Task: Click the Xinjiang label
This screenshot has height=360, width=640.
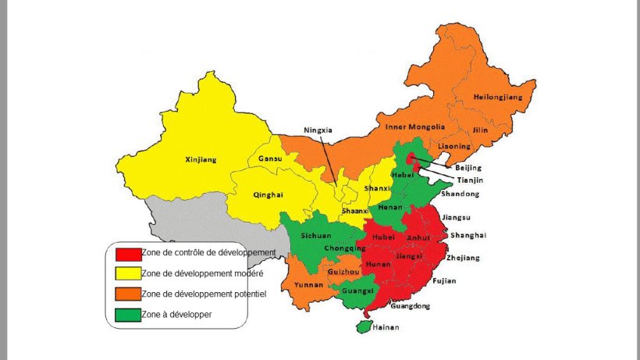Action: (201, 160)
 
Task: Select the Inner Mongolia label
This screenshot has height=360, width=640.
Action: (415, 127)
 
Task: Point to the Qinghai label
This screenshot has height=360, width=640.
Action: (268, 194)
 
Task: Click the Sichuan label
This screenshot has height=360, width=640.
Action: (316, 235)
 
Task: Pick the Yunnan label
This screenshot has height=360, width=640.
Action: (308, 286)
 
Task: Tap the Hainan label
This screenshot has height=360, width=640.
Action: (386, 327)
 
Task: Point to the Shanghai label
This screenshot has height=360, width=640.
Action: (468, 235)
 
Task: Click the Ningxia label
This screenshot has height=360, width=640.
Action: (318, 130)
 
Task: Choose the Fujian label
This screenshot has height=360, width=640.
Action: (444, 280)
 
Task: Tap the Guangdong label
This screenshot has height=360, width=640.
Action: (410, 306)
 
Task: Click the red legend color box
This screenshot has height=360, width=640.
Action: (127, 253)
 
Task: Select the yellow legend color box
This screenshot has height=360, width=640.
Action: (127, 273)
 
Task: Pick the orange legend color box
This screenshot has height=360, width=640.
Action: (127, 294)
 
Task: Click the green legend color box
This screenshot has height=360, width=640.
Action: (127, 314)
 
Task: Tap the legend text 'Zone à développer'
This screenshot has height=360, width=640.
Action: (177, 314)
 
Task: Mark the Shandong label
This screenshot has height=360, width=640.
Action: (460, 194)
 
